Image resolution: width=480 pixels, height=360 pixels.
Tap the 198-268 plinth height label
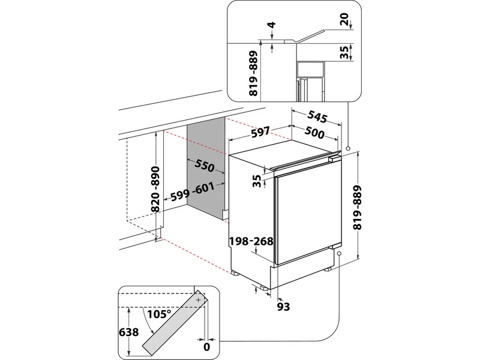251,241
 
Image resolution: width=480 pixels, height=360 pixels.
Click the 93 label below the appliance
284,307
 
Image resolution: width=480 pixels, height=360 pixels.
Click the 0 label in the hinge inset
206,346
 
